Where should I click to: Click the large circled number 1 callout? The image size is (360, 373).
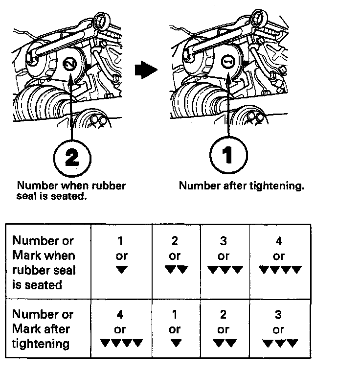click(x=228, y=156)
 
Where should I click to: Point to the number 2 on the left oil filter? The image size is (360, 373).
click(x=70, y=64)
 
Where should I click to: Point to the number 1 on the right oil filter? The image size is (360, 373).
click(x=228, y=63)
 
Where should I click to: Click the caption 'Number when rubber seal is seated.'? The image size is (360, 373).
click(x=71, y=190)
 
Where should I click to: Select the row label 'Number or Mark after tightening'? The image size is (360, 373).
click(x=43, y=328)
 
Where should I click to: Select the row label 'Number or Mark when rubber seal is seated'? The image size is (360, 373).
click(x=44, y=262)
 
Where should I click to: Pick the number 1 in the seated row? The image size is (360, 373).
click(x=121, y=241)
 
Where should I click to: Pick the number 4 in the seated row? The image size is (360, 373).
click(x=279, y=241)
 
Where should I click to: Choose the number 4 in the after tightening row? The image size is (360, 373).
click(x=121, y=315)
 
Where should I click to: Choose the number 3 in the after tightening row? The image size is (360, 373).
click(x=279, y=315)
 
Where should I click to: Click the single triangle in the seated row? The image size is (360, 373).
click(x=121, y=270)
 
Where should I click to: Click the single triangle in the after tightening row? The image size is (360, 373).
click(x=175, y=343)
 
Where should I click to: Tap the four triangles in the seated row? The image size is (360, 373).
click(x=279, y=270)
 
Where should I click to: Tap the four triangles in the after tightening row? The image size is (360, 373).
click(x=121, y=343)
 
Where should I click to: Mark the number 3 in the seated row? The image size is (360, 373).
click(x=224, y=241)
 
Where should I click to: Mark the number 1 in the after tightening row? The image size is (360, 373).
click(x=175, y=315)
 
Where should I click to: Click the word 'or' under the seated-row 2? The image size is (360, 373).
click(x=175, y=256)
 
